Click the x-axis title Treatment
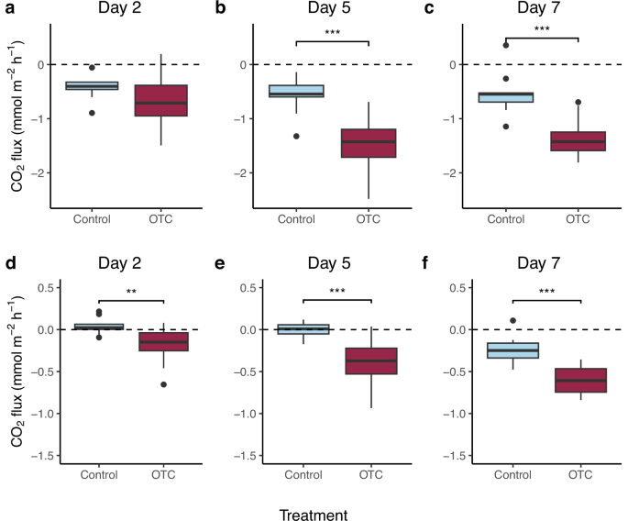tap(314, 503)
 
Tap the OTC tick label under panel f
tap(578, 474)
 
